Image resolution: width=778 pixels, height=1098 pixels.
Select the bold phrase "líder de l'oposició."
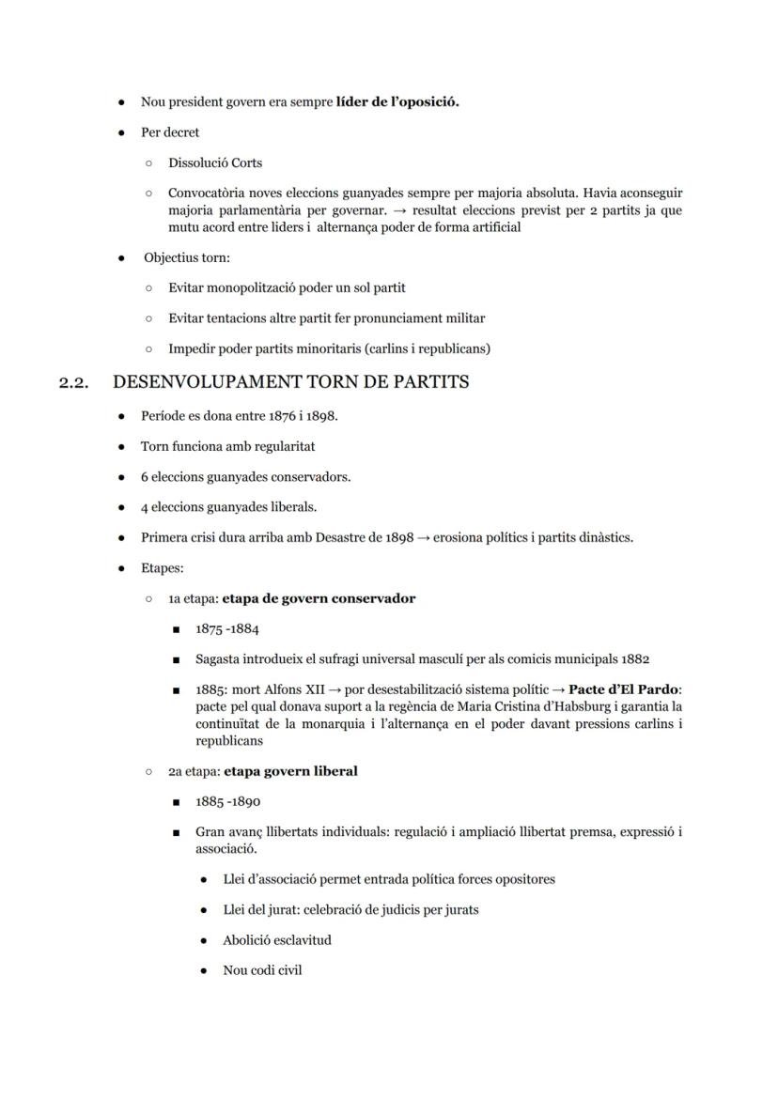click(397, 101)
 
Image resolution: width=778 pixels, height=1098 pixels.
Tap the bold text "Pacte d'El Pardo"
click(624, 689)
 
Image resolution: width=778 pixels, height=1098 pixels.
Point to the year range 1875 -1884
click(227, 628)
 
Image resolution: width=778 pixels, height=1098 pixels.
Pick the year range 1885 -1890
click(227, 802)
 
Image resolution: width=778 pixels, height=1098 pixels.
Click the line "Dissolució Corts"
click(215, 162)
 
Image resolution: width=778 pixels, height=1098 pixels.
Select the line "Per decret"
click(170, 132)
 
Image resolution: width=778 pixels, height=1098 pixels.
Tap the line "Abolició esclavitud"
click(277, 939)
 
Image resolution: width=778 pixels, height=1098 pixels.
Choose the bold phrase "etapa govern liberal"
click(290, 771)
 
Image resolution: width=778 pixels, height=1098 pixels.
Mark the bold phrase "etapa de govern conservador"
click(319, 598)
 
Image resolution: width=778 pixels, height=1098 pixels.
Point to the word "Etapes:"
click(163, 568)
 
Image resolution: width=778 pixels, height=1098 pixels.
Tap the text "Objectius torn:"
click(186, 257)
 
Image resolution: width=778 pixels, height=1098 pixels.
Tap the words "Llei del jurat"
click(259, 909)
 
